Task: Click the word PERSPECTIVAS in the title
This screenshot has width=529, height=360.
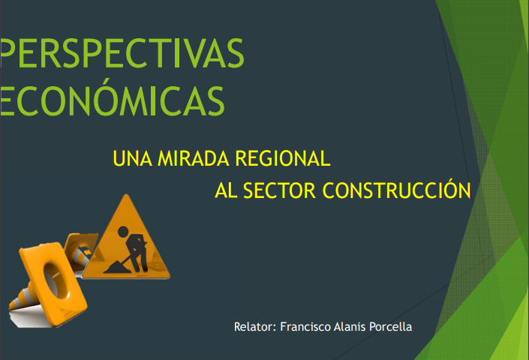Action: point(122,53)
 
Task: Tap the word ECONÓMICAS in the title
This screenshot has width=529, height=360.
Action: point(112,98)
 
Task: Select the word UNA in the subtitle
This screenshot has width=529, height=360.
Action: point(132,158)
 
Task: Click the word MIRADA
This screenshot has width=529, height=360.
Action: point(194,158)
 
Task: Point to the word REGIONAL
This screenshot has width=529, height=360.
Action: point(283,158)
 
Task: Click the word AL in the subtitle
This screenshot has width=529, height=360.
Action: point(226,190)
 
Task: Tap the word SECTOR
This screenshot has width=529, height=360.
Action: point(279,190)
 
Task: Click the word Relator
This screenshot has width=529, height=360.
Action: point(255,327)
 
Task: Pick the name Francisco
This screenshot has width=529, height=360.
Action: point(305,327)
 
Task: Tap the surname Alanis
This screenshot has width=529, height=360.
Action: point(349,327)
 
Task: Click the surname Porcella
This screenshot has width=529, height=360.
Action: point(390,327)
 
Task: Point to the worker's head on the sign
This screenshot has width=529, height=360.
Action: point(123,231)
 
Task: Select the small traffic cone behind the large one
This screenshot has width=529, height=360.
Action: point(80,251)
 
